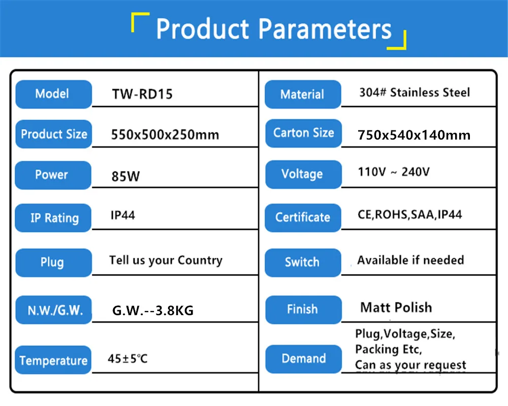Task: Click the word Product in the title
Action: (x=203, y=29)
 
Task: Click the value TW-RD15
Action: (x=142, y=94)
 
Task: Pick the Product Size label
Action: (x=54, y=134)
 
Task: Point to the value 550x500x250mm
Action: (x=165, y=134)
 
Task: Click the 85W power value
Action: (x=125, y=177)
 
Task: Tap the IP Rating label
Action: (x=53, y=218)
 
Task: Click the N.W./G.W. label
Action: (x=54, y=310)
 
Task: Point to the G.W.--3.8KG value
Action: (x=153, y=311)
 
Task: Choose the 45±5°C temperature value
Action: (x=128, y=359)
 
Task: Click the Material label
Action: (x=303, y=94)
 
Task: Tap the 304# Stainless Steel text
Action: (x=415, y=92)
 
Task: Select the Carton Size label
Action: (x=304, y=133)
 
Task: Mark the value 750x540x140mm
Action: (x=414, y=135)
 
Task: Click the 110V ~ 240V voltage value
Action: (x=394, y=172)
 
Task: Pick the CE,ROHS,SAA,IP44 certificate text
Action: (x=410, y=215)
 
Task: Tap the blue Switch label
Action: (x=303, y=262)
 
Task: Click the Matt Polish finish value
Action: (x=396, y=308)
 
